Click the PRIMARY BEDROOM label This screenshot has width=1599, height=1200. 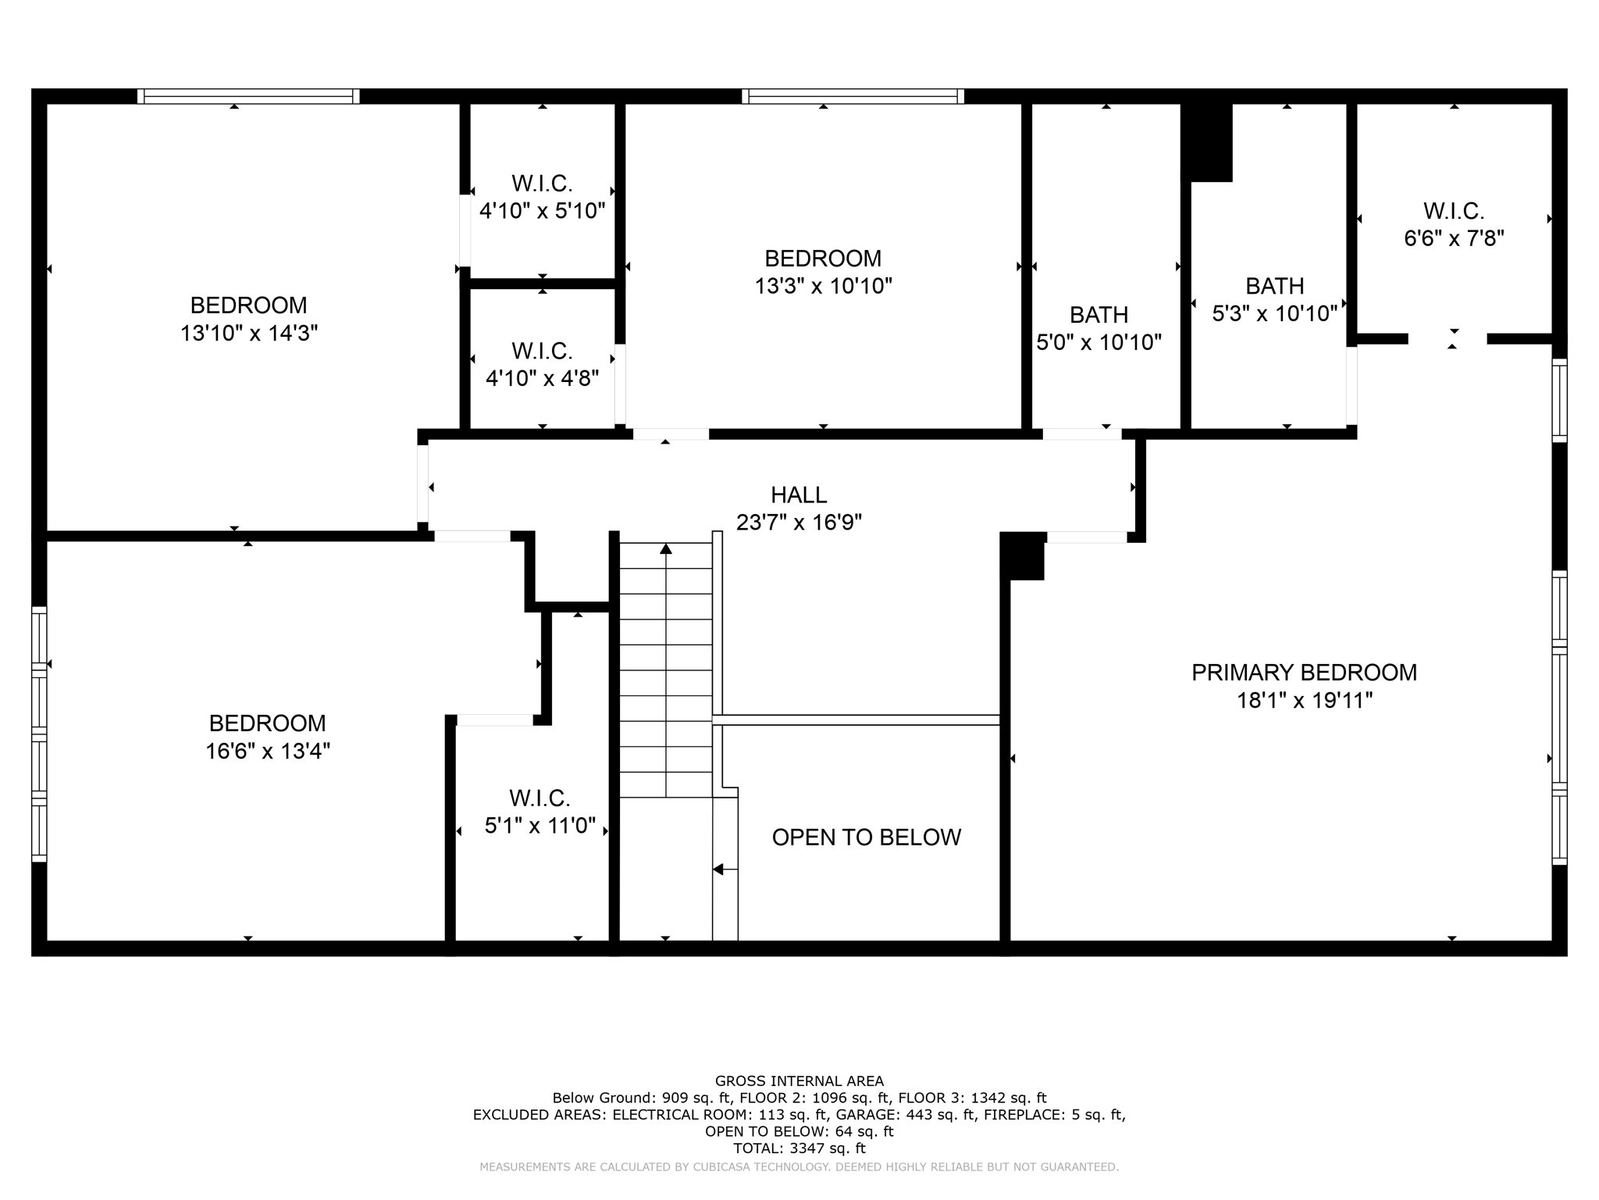point(1303,673)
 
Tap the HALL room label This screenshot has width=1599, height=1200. point(798,495)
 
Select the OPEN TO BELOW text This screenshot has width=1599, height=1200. point(866,837)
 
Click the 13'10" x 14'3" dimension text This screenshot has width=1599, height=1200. point(248,334)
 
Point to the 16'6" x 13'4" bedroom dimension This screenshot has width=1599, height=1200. point(267,752)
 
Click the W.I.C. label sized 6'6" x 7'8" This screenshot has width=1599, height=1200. point(1453,212)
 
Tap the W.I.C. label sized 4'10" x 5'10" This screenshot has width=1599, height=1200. point(542,184)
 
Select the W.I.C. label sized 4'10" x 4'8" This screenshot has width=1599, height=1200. point(542,352)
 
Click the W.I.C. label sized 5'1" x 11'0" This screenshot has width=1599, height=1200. point(540,798)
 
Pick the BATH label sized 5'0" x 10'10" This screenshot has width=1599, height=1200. point(1099,315)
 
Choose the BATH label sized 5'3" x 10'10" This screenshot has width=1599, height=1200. point(1274,286)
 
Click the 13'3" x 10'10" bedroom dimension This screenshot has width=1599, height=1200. point(823,286)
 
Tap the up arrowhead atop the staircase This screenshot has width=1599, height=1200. point(666,548)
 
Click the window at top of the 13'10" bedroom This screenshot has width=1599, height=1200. point(248,96)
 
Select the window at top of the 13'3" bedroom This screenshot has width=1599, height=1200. point(853,96)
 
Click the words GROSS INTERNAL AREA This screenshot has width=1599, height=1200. point(799,1081)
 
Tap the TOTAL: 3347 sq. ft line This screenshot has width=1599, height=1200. point(799,1148)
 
